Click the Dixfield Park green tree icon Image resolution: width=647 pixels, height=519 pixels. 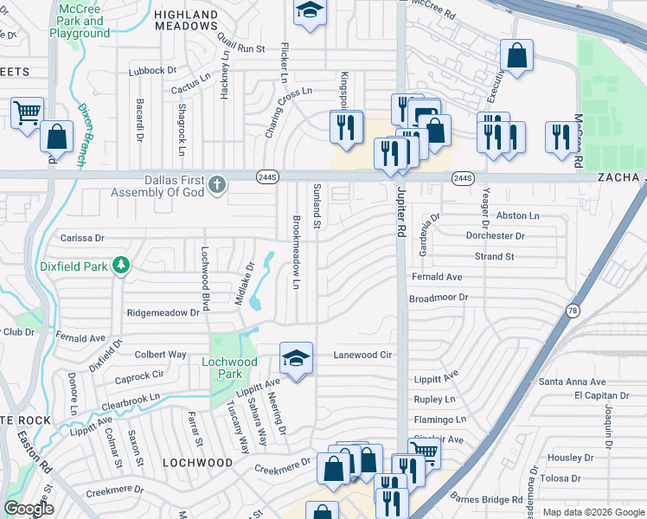[123, 265]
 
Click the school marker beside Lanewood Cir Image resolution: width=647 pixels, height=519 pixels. [296, 357]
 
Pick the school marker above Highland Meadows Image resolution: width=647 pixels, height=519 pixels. [308, 11]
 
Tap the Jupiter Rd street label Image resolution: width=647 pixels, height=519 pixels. [401, 215]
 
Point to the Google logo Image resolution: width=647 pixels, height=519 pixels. [29, 508]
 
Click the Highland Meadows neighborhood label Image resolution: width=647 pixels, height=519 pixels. [186, 20]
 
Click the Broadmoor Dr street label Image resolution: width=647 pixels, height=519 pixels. [438, 297]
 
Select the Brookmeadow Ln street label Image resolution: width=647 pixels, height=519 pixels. [296, 251]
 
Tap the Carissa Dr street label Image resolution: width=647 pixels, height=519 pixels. [82, 237]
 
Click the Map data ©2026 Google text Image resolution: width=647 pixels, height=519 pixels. [593, 512]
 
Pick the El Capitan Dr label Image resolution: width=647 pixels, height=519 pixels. [597, 395]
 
